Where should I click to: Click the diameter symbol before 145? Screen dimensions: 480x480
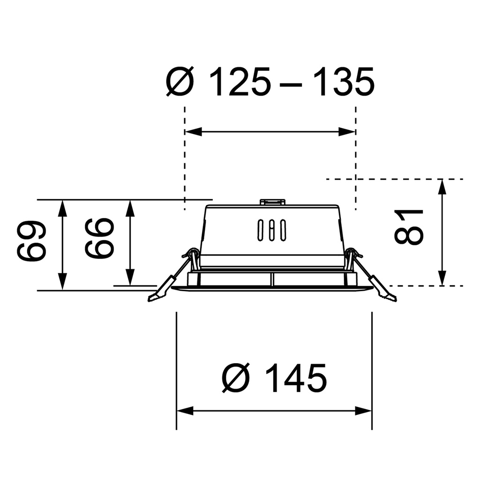point(236,378)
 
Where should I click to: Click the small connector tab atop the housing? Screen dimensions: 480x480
point(272,202)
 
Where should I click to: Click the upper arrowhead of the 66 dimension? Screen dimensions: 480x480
point(130,207)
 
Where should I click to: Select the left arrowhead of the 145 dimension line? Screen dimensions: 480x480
point(184,411)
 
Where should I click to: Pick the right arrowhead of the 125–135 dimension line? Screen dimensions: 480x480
point(348,132)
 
